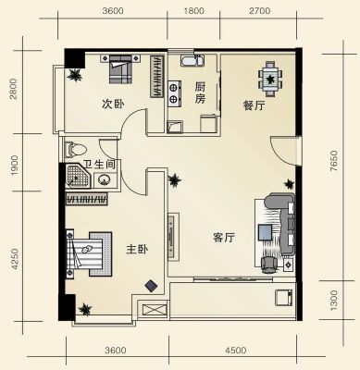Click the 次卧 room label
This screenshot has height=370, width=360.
(113, 104)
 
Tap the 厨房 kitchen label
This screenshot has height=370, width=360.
(200, 92)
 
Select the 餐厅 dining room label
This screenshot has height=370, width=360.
(254, 105)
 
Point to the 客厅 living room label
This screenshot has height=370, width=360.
(224, 238)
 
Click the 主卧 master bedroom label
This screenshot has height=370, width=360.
(137, 249)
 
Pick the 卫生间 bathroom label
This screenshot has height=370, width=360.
(99, 165)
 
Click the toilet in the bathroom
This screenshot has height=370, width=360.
(76, 149)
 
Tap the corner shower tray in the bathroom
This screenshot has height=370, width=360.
(79, 177)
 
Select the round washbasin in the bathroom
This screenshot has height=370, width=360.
(105, 179)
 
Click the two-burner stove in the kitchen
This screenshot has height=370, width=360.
(174, 93)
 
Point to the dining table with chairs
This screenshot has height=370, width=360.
(270, 80)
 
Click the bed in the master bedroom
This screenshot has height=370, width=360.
(89, 253)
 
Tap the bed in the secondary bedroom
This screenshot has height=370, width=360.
(120, 68)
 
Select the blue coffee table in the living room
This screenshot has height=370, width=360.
(265, 232)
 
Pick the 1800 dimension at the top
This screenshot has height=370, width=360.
(193, 11)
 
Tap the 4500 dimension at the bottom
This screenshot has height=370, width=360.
(236, 351)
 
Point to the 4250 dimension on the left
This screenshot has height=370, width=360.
(15, 259)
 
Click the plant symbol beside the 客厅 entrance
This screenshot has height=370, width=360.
(174, 180)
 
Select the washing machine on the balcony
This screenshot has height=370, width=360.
(284, 297)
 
